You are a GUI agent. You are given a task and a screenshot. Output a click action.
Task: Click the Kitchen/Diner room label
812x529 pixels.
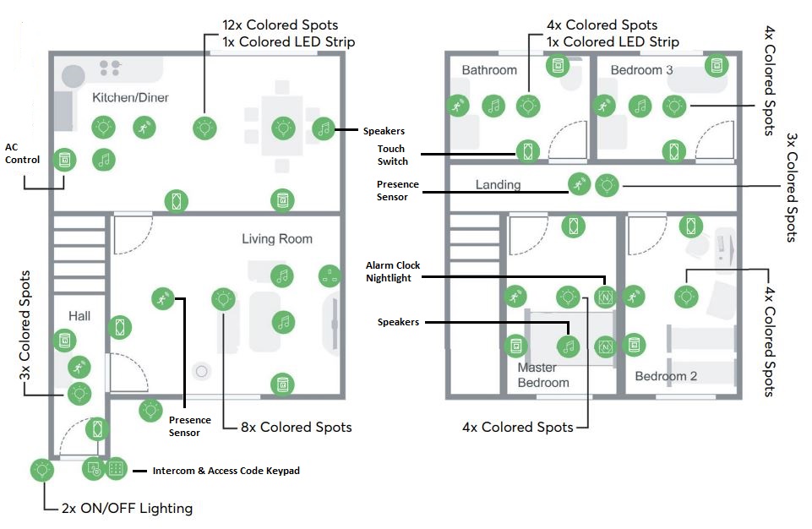pos(130,98)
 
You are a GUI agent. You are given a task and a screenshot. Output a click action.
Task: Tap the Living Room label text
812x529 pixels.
pos(276,239)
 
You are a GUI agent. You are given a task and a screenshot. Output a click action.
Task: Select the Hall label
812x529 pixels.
pos(79,316)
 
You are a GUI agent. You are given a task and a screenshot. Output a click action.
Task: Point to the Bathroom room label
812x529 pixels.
pos(489,70)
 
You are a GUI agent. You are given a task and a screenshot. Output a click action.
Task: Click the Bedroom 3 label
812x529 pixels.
pos(641,70)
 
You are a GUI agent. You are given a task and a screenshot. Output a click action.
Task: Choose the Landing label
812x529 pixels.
pos(498,184)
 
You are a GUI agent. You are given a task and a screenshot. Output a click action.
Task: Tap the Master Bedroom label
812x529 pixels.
pos(542,375)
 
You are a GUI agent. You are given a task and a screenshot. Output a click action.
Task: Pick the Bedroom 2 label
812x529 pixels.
pos(666,376)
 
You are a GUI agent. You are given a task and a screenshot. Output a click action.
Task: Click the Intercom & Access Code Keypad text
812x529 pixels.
pos(226,471)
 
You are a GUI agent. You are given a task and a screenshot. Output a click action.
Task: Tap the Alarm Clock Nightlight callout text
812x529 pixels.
pos(393,271)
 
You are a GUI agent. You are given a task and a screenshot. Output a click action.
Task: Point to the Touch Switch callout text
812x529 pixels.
pos(392,155)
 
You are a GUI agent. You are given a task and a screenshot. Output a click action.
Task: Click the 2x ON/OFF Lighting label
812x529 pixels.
pos(127,508)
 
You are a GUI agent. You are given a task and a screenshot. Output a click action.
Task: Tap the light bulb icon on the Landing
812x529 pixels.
pos(607,185)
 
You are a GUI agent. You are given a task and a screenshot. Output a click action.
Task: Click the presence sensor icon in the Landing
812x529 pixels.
pos(579,183)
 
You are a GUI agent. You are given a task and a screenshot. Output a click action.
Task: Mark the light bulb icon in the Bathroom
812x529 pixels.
pos(528,106)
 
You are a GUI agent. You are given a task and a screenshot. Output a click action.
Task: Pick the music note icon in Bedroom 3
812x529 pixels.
pos(641,106)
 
